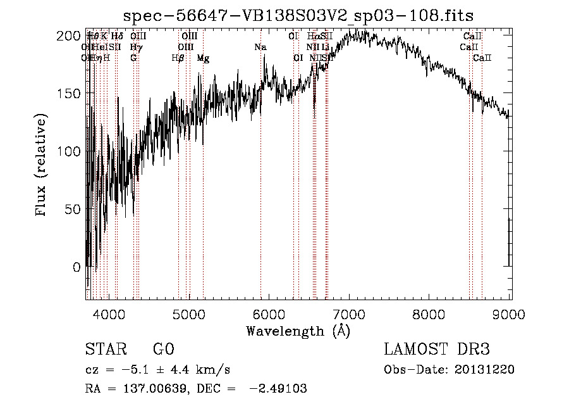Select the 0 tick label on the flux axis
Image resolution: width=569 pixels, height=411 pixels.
(76, 267)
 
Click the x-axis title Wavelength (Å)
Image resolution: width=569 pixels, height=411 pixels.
(298, 331)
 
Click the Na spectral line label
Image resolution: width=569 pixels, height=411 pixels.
(260, 47)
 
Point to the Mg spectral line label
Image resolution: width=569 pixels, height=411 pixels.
(203, 58)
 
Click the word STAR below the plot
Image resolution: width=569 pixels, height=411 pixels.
(105, 350)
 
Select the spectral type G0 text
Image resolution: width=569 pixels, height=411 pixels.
(164, 350)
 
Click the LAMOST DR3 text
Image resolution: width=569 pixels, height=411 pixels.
(437, 350)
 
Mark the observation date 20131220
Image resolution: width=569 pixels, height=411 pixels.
(484, 370)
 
